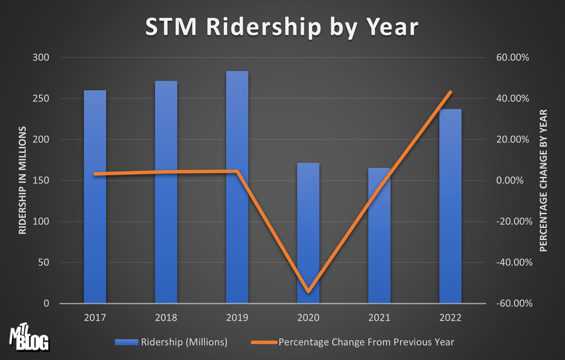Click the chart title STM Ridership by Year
click(x=282, y=27)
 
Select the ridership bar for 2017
click(x=95, y=196)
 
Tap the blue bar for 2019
click(x=237, y=187)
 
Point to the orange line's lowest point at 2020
click(x=308, y=291)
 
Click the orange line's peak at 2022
click(x=451, y=92)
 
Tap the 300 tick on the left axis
click(x=43, y=58)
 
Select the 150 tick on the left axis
click(x=43, y=181)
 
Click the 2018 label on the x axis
click(x=166, y=317)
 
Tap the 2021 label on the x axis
click(x=379, y=317)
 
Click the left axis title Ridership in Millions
click(x=23, y=180)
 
